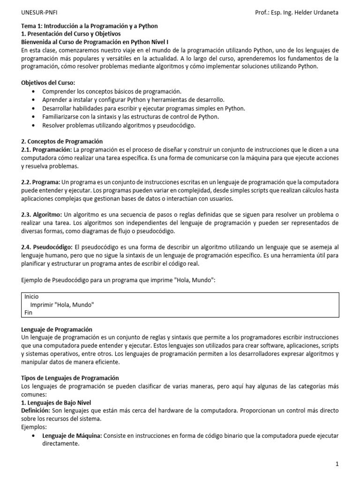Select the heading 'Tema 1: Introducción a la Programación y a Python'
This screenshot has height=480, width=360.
click(x=90, y=26)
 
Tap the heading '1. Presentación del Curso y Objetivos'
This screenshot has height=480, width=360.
click(x=71, y=34)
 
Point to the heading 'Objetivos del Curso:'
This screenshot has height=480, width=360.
click(x=48, y=82)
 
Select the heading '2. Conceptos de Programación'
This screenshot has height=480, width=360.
click(x=62, y=141)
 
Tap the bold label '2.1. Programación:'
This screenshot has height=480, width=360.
click(x=46, y=150)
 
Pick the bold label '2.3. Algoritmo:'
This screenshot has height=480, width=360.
click(x=42, y=214)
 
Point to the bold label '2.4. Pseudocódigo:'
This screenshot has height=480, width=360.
click(x=46, y=247)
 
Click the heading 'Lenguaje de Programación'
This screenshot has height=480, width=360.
click(x=57, y=330)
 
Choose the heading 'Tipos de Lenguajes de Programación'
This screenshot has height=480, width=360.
click(x=70, y=378)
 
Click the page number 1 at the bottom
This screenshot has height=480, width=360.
click(x=337, y=464)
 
